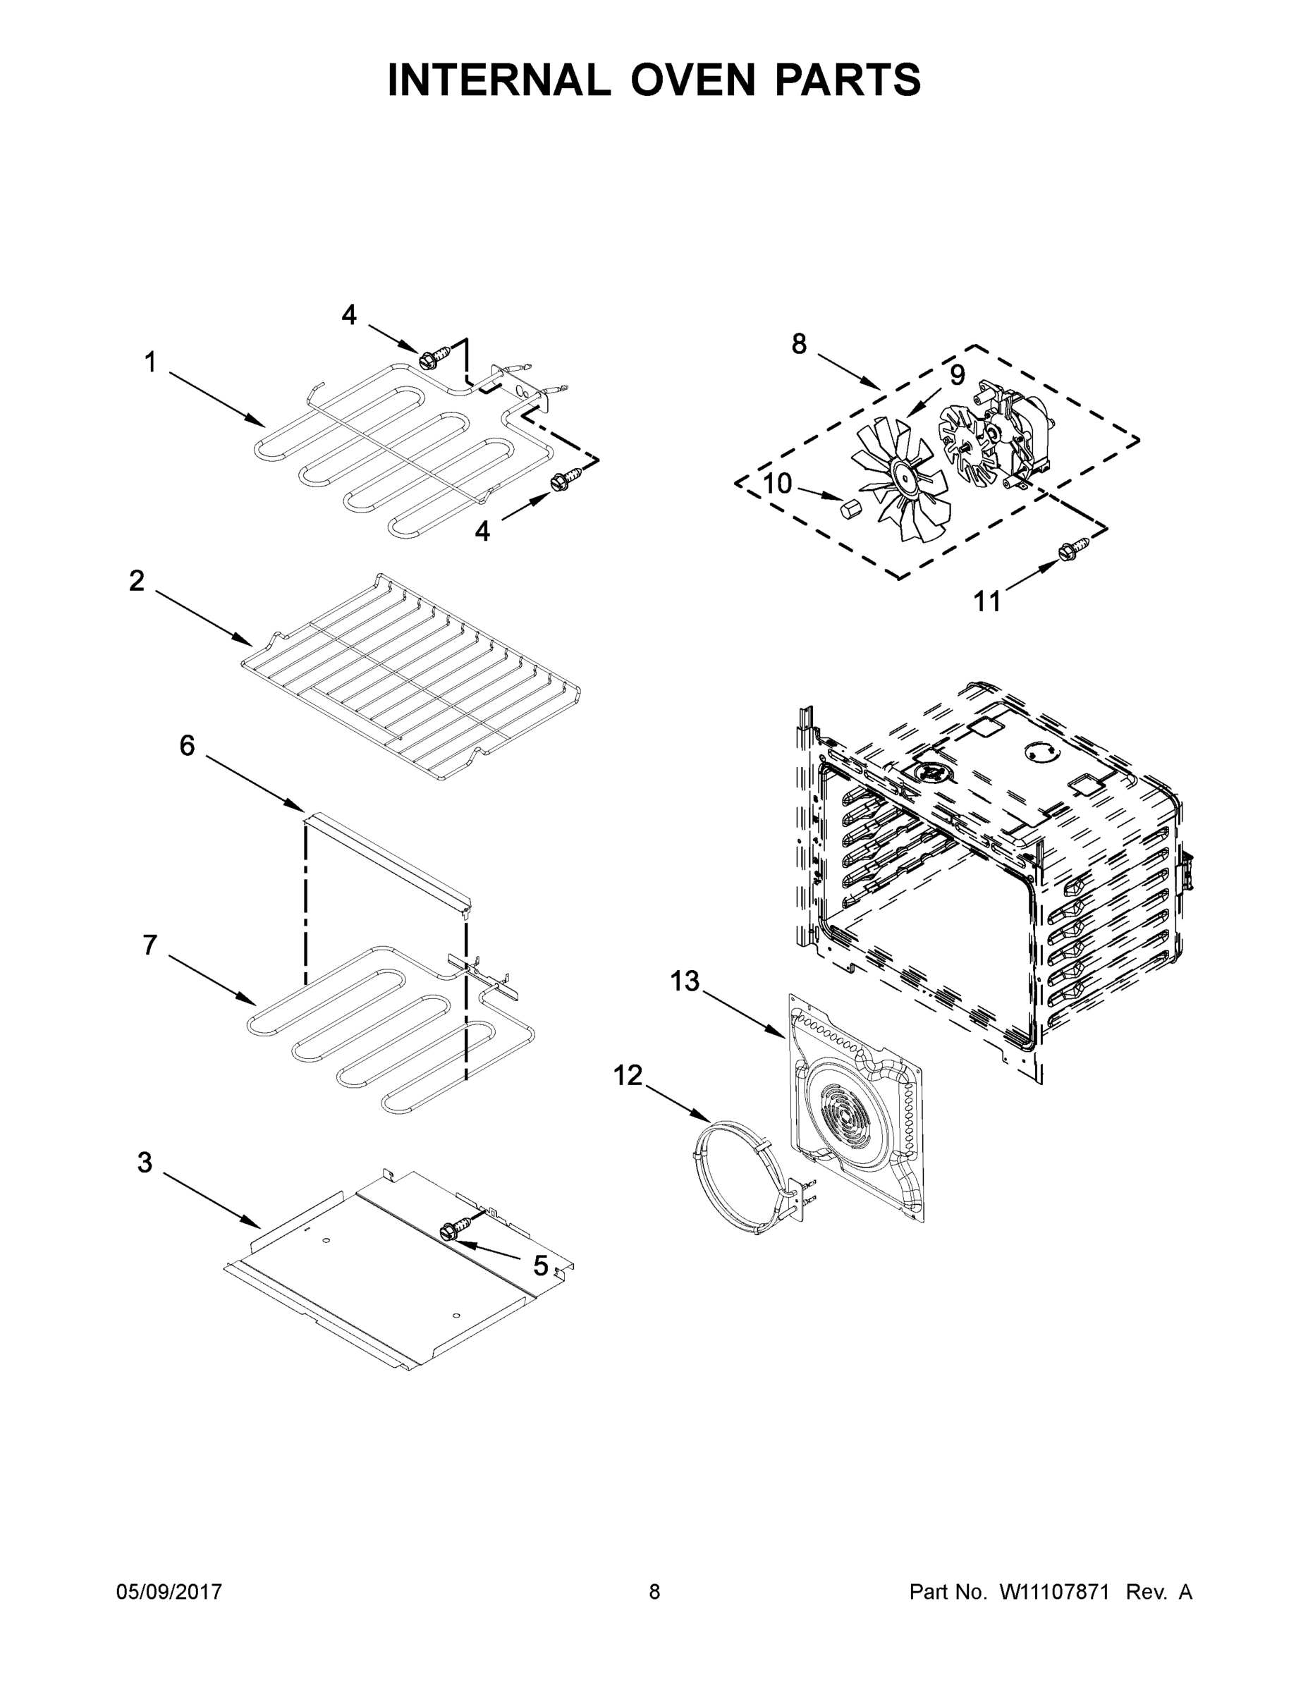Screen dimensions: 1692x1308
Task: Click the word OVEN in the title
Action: [692, 80]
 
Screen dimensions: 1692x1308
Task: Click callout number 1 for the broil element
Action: [150, 362]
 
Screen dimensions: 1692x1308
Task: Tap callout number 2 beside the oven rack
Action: [136, 580]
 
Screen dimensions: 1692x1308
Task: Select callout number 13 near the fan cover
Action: [684, 981]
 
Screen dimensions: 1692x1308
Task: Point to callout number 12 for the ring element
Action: [628, 1075]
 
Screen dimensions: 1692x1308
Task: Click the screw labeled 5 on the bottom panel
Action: [451, 1230]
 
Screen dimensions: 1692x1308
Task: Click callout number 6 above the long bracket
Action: [187, 745]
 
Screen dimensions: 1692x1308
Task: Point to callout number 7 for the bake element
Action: [149, 945]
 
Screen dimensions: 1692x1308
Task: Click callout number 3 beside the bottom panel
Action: [145, 1162]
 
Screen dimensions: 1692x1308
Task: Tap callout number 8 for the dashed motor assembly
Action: [799, 343]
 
